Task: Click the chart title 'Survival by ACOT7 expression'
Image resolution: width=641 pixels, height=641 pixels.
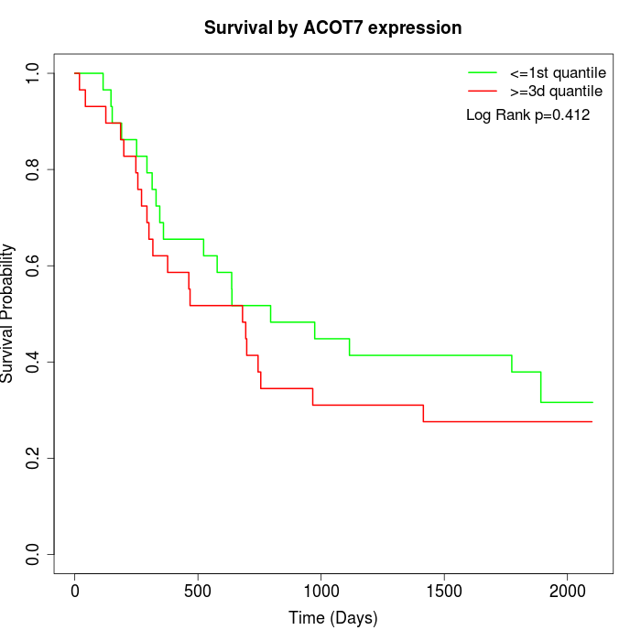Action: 332,28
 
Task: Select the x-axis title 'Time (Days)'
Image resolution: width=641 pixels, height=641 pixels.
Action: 332,618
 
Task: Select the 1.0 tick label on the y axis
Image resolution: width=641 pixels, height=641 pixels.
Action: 33,73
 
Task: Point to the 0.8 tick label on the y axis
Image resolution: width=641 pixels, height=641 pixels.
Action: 33,169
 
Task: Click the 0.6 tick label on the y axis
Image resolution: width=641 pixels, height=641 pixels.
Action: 33,266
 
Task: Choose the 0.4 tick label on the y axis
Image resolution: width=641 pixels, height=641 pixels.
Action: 33,362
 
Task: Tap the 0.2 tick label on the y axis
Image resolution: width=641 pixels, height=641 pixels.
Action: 33,458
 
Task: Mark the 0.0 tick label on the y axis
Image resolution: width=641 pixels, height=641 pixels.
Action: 33,554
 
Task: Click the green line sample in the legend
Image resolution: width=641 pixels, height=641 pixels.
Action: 482,72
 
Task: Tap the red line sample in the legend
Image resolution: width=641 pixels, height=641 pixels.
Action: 482,92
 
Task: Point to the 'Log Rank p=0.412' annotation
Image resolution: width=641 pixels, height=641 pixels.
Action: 527,115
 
